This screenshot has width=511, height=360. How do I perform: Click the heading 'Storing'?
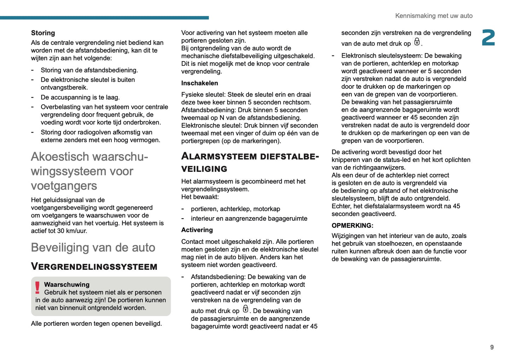[x=43, y=33]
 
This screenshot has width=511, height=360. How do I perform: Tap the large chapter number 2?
[x=488, y=38]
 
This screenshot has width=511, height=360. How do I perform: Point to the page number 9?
[x=492, y=347]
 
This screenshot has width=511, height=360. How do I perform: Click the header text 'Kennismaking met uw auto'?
[x=434, y=16]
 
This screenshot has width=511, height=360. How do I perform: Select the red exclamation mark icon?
[x=37, y=288]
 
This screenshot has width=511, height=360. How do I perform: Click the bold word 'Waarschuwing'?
[x=67, y=284]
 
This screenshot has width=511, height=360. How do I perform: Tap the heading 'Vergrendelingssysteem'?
[x=94, y=267]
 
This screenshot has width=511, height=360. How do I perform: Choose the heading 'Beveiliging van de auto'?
[x=93, y=248]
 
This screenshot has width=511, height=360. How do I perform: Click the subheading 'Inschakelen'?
[x=199, y=83]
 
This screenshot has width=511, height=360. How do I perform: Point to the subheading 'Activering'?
[x=197, y=230]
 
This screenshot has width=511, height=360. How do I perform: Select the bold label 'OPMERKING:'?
[x=352, y=225]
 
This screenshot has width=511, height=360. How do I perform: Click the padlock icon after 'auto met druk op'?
[x=245, y=309]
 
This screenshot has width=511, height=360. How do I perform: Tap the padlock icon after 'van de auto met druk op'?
[x=417, y=42]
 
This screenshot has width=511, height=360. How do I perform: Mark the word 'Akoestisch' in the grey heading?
[x=60, y=157]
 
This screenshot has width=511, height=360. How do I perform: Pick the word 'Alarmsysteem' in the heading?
[x=219, y=156]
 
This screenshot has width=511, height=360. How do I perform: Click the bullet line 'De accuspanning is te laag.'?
[x=80, y=97]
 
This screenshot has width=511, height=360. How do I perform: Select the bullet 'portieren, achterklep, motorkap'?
[x=235, y=209]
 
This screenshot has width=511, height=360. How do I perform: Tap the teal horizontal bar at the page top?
[x=104, y=17]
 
